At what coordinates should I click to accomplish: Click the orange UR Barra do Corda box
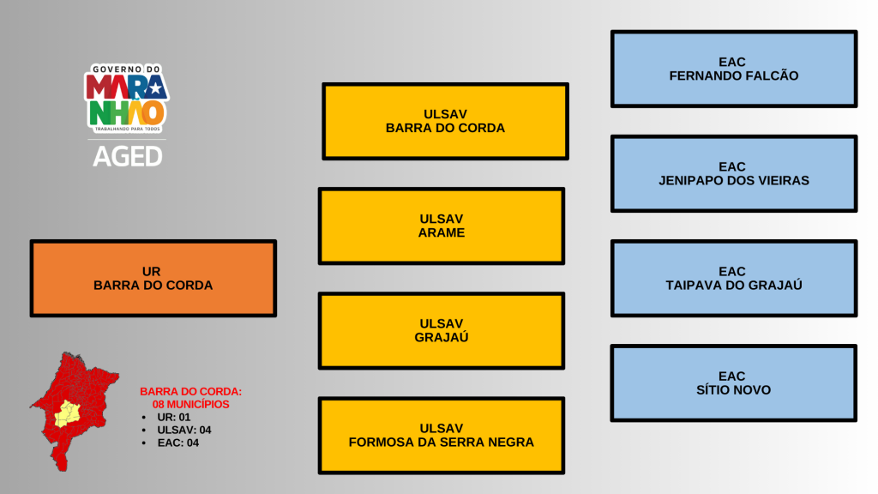tap(153, 279)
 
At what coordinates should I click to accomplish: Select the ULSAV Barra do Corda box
tap(445, 121)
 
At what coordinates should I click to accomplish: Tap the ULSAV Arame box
tap(442, 226)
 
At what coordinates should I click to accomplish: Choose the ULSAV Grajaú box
tap(442, 330)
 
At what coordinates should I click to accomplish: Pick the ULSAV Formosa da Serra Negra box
tap(442, 435)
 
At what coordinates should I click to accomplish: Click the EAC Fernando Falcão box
tap(733, 69)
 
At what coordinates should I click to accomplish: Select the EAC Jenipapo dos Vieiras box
tap(733, 173)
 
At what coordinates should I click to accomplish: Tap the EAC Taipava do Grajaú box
tap(733, 278)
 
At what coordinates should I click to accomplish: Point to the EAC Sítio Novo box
tap(733, 383)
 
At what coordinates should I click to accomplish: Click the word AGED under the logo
tap(127, 156)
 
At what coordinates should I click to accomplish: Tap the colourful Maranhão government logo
tap(126, 99)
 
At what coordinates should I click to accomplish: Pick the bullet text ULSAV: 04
tap(184, 430)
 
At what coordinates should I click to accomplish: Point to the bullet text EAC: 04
tap(178, 443)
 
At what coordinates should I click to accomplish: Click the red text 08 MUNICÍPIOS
tap(191, 404)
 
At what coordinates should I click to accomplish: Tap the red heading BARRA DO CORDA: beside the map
tap(191, 391)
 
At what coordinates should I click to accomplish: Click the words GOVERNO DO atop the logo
tap(126, 69)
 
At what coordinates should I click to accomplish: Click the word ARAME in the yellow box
tap(442, 232)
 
